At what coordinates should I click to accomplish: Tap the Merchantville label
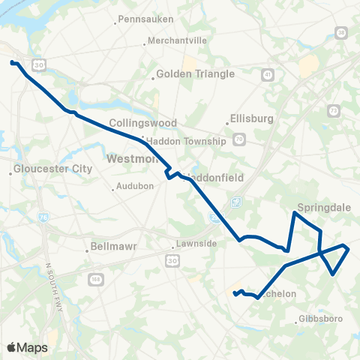coord(172,40)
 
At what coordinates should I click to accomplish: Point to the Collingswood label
coord(142,122)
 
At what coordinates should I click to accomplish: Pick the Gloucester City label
coord(53,169)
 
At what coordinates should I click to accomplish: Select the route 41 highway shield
coord(268,74)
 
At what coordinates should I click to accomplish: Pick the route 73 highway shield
coord(332,111)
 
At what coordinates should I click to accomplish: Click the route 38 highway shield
coord(341,32)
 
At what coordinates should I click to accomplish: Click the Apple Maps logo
coord(26,347)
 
